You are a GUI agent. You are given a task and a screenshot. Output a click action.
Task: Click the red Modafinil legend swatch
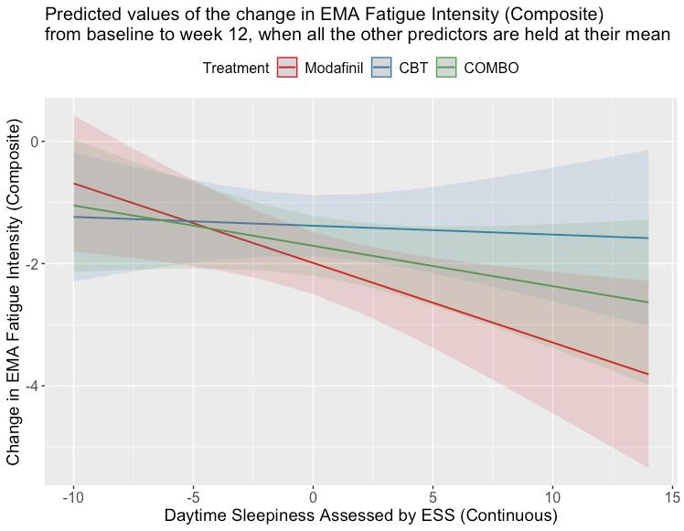pos(288,69)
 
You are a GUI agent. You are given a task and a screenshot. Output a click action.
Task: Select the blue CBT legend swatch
pos(382,69)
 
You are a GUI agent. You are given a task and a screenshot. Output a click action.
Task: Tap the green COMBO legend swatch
pos(447,69)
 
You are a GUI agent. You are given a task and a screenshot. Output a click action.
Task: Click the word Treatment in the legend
pos(236,69)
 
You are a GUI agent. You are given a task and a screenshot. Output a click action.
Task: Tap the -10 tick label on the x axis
pos(73,497)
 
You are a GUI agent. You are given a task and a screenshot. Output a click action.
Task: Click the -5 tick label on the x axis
pos(193,497)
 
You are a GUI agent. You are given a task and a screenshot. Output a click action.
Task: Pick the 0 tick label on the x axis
pos(313,497)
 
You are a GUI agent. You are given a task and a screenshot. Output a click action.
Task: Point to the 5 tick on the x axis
pos(433,497)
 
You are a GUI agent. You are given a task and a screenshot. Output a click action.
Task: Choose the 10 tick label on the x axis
pos(552,497)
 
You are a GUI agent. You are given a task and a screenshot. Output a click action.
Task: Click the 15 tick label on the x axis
pos(672,497)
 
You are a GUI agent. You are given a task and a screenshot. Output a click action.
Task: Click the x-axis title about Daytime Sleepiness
pos(360,516)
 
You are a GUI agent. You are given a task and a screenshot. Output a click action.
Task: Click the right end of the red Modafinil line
pos(648,374)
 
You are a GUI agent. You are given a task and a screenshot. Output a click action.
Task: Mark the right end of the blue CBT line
pos(648,238)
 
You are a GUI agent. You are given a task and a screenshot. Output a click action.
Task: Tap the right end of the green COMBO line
pos(648,303)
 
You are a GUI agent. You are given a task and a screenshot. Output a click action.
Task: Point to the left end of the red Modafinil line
pos(73,184)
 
